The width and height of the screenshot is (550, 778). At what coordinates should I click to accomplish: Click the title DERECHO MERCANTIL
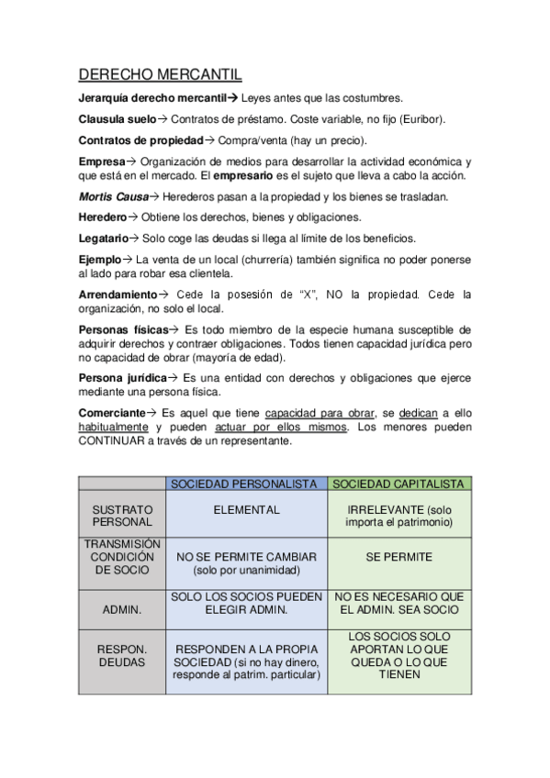[160, 74]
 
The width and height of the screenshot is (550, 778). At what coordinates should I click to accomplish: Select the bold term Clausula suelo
[117, 119]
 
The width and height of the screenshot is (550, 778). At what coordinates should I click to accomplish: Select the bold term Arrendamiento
[118, 295]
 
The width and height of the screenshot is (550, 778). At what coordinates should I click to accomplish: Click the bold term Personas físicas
[123, 328]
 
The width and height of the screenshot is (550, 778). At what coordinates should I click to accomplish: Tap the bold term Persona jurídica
[122, 377]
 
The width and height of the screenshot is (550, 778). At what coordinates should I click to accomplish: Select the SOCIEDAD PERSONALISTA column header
[246, 483]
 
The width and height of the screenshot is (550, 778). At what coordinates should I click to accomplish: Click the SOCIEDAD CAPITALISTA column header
[398, 483]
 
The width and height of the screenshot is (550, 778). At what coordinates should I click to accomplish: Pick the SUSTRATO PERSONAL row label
[122, 516]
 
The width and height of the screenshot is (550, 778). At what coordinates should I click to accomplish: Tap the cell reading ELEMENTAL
[246, 510]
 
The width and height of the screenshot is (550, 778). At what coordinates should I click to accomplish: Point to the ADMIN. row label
[122, 609]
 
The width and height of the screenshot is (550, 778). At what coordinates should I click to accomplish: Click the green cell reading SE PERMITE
[398, 557]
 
